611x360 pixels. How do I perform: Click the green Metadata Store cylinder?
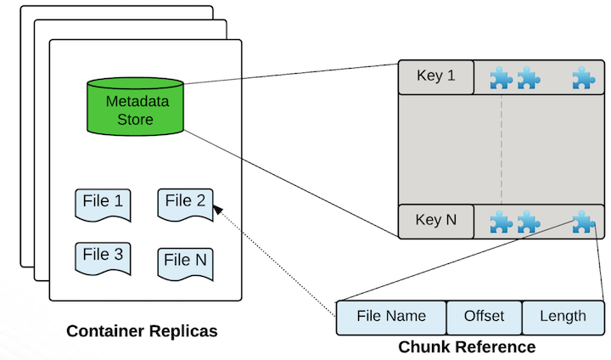[135, 110]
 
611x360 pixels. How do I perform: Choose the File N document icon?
[185, 262]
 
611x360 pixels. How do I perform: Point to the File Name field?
[391, 318]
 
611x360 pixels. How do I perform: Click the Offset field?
[484, 318]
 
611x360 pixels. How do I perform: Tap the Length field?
[563, 318]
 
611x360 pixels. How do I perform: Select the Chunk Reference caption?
[467, 347]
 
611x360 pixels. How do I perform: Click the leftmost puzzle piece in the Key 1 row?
[501, 79]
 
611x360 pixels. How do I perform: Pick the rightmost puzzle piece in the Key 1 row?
[583, 79]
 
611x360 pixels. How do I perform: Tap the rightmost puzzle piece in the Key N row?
[583, 222]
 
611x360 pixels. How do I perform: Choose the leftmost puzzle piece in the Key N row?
[501, 222]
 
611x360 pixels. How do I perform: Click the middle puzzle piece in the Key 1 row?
[528, 79]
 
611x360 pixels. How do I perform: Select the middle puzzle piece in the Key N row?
[528, 222]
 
